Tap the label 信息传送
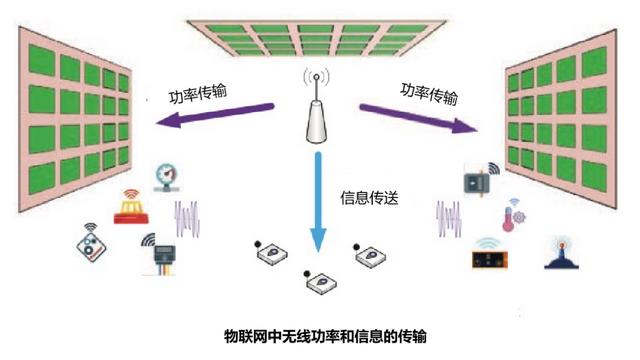click(x=370, y=198)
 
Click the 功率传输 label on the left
click(x=197, y=94)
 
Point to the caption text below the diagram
click(x=319, y=332)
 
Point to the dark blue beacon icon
click(x=558, y=253)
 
